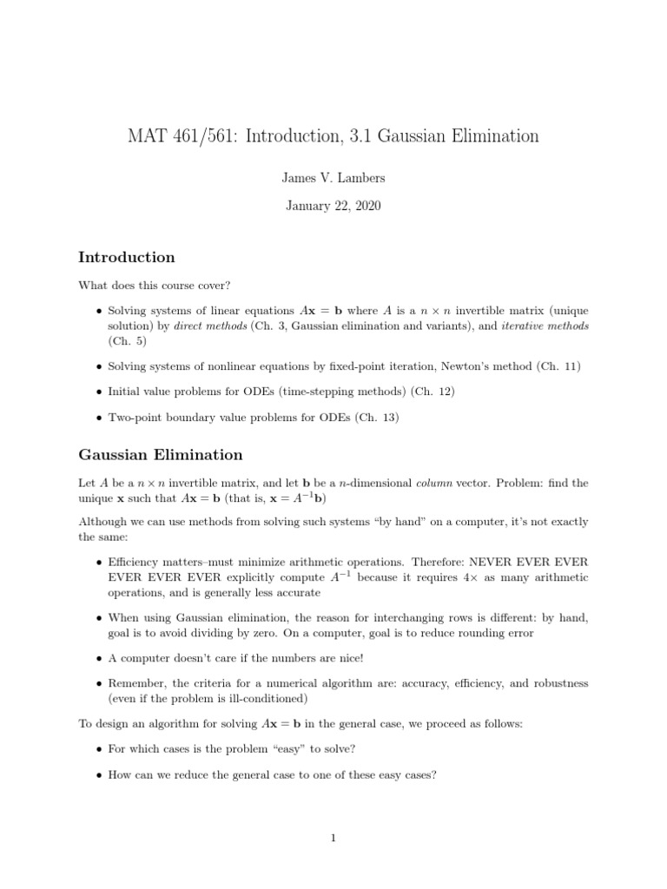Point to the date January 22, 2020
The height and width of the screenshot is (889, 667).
pyautogui.click(x=333, y=207)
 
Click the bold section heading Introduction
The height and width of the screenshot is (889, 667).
pyautogui.click(x=127, y=257)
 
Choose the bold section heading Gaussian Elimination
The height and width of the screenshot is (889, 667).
pyautogui.click(x=161, y=455)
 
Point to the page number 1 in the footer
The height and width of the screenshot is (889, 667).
pyautogui.click(x=333, y=838)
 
